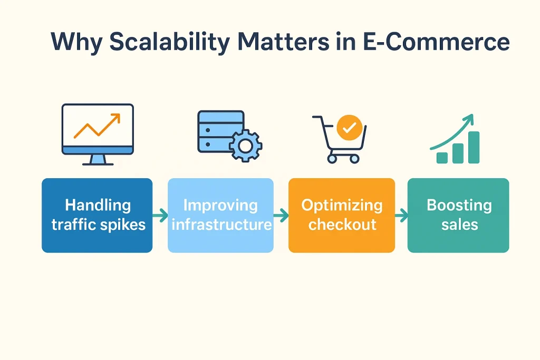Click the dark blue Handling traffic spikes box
click(97, 215)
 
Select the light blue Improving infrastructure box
click(220, 215)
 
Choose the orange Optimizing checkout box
click(341, 215)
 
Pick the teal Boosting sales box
click(458, 215)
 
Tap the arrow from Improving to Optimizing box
click(281, 215)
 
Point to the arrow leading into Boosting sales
click(401, 215)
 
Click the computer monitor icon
click(98, 129)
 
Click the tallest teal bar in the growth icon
click(473, 147)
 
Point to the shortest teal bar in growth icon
click(442, 157)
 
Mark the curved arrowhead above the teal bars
click(469, 120)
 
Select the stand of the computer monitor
click(98, 160)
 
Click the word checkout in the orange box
click(342, 225)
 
